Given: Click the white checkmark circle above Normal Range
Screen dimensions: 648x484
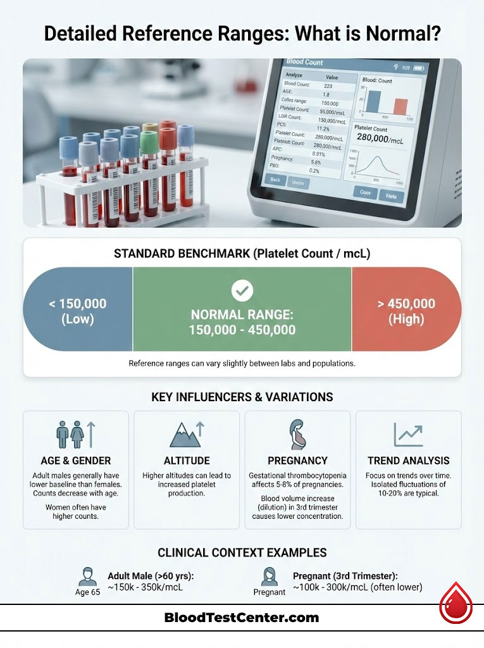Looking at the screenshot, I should (x=242, y=291).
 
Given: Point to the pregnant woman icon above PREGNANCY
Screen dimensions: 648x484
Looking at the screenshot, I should (x=297, y=434).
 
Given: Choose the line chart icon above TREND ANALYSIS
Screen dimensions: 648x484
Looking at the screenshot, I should (x=408, y=435).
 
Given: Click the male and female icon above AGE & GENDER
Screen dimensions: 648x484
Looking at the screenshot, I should (x=75, y=435).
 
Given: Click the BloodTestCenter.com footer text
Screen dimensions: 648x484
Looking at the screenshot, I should (x=241, y=618).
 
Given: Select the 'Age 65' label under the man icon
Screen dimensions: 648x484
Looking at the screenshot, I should (x=87, y=592).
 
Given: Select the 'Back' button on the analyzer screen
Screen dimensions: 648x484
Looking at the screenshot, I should (x=275, y=180).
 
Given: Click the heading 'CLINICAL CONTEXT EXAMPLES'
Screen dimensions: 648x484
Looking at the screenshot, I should (x=242, y=552).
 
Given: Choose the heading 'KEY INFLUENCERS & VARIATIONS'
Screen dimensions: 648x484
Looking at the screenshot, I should (x=242, y=397).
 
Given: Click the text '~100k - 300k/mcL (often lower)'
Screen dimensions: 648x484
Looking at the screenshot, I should (x=357, y=588).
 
